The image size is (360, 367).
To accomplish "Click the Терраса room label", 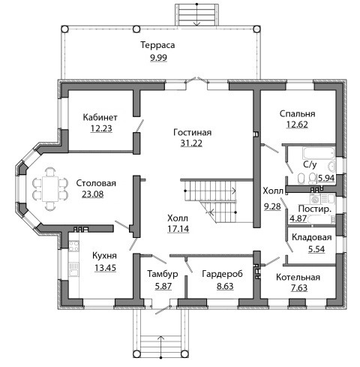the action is point(157,45).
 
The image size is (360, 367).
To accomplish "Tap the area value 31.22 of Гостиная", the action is point(191,143).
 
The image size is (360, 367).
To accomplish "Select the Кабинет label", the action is point(100,117).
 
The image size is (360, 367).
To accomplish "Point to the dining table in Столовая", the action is point(50,189).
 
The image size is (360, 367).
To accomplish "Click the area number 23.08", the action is point(93,194).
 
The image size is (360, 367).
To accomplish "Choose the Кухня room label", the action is point(104,256).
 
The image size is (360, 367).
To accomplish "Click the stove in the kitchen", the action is point(74,246).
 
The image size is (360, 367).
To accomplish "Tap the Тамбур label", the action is point(163,274).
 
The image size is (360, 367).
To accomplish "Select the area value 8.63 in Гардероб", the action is point(225,286).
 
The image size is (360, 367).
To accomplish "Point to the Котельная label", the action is point(298,277).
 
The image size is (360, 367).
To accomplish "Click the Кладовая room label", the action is point(312,237).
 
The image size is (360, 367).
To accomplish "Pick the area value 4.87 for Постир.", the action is point(298,218).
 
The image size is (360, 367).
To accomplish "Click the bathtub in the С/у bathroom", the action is point(318,153).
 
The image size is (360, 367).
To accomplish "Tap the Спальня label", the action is point(297,114).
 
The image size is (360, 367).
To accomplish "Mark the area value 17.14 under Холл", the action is point(178,229).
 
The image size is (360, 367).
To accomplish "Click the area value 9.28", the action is point(272,206).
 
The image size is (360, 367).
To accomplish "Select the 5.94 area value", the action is point(326,178).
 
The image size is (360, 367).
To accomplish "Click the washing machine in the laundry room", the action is point(315,199).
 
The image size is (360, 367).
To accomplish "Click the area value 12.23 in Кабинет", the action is point(101,128).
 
